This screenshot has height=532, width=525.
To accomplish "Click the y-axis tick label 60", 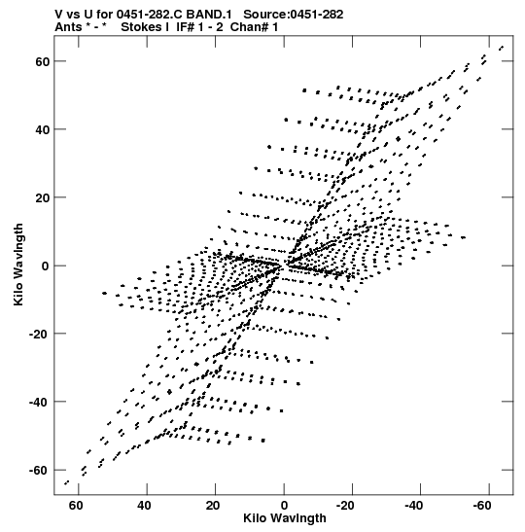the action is [x=42, y=62].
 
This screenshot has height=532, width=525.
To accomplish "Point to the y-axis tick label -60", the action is [x=39, y=471].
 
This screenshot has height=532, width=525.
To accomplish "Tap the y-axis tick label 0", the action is [x=45, y=266].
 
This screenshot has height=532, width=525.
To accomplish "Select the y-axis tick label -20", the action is [x=39, y=335].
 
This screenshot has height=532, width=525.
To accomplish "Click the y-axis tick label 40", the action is [x=42, y=130].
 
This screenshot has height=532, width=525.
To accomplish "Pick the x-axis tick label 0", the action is [x=284, y=506].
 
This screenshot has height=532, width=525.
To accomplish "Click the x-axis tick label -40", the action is [x=413, y=506].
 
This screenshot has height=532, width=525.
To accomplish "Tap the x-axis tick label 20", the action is [x=213, y=506].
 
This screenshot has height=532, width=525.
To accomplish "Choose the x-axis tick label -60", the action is [x=482, y=506].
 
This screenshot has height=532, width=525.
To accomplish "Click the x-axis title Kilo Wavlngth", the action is [x=285, y=518].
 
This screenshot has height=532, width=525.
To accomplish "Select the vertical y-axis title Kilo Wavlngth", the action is [x=18, y=265].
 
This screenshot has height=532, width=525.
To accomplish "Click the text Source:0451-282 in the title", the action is [x=294, y=15].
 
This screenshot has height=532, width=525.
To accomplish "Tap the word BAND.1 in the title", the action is [x=209, y=15].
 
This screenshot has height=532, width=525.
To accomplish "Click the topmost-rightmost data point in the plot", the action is [x=501, y=48].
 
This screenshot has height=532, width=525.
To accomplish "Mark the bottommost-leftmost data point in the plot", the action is [x=67, y=482].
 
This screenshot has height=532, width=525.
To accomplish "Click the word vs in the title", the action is [x=72, y=15].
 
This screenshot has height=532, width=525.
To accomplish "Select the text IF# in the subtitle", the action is [x=185, y=27].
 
